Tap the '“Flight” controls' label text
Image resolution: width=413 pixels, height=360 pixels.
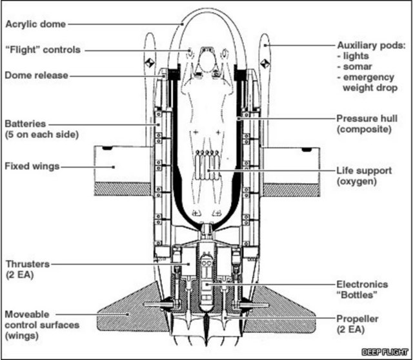pos(42,50)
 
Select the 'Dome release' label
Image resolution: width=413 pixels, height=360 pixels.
pos(36,75)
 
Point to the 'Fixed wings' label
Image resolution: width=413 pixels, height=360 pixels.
pos(32,166)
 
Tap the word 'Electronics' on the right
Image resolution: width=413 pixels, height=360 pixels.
pos(363,284)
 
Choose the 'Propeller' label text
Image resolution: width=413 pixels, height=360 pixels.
pos(358,319)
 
